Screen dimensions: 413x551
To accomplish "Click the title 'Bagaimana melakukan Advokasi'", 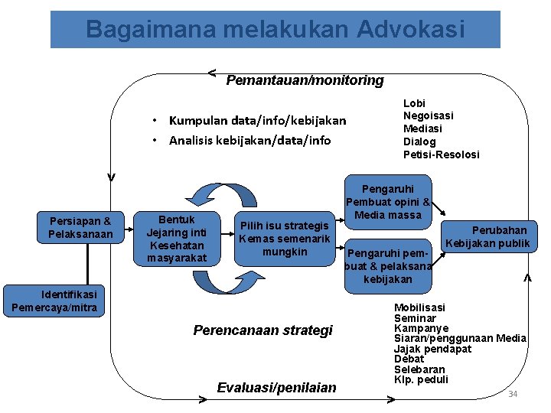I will [x=275, y=29].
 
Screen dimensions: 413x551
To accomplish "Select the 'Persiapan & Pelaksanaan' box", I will [x=80, y=227].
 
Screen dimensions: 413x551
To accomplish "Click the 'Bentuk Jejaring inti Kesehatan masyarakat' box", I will [x=177, y=239].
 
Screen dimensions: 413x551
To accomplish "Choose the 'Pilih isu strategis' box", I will [x=285, y=238].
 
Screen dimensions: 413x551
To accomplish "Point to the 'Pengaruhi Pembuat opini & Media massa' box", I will [x=388, y=202].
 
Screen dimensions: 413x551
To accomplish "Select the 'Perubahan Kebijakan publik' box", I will [x=488, y=236].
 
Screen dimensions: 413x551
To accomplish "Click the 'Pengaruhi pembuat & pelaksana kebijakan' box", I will [x=388, y=265].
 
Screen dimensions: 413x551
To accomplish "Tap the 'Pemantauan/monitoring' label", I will [x=305, y=80].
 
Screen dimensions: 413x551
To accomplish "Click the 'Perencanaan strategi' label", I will [x=263, y=330].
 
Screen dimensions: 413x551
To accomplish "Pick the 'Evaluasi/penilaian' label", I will [x=276, y=388].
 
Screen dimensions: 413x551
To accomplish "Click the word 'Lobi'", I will [x=414, y=103].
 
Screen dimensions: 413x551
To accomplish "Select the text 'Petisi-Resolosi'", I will [x=441, y=154].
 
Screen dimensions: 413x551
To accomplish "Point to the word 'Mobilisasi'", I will [x=419, y=307].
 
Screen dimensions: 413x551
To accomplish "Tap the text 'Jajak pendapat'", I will [x=432, y=349].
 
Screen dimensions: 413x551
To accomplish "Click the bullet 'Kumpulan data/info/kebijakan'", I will [x=257, y=120].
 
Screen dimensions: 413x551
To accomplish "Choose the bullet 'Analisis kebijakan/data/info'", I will [x=249, y=140].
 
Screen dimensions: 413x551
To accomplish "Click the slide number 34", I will [x=513, y=394].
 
